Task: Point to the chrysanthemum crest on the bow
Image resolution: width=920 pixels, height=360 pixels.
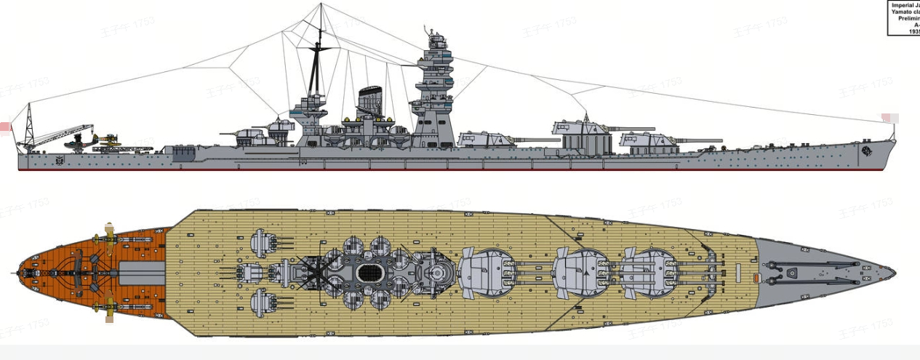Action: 867,151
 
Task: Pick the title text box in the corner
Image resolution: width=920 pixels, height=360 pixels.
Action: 903,17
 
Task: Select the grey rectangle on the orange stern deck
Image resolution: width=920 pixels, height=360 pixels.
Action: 142,273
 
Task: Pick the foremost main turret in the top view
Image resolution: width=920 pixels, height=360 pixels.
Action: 647,273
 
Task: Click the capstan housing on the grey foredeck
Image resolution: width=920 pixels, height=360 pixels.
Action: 792,272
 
